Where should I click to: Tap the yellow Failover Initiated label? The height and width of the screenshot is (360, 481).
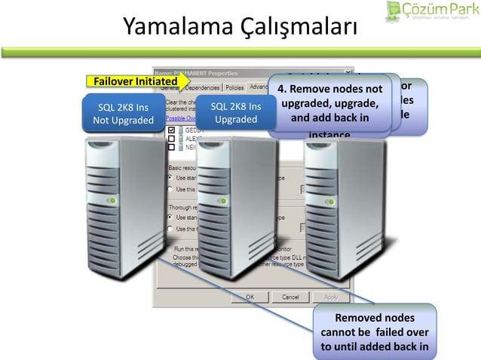point(135,81)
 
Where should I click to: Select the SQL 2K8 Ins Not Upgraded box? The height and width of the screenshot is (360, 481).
point(122,113)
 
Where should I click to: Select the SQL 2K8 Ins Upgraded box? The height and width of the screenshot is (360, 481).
point(236,113)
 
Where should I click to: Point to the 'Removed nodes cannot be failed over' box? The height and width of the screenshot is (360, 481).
point(374,332)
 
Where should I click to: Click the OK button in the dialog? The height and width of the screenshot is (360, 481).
point(248,297)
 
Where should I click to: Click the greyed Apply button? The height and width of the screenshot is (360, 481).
point(330,297)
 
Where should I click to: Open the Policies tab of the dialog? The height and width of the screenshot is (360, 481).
point(234,87)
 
